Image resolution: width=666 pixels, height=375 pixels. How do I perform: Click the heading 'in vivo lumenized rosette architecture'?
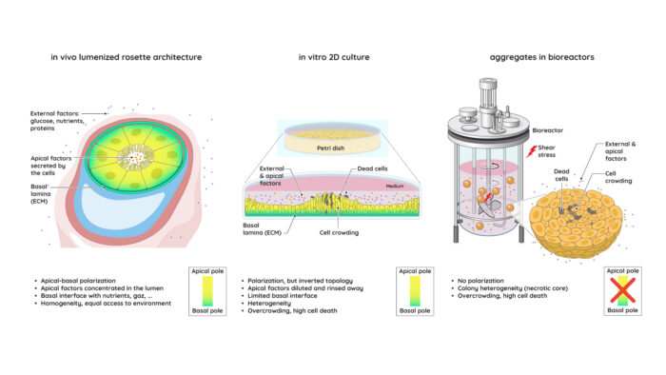coord(127,57)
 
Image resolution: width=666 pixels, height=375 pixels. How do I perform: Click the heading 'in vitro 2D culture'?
coord(334,57)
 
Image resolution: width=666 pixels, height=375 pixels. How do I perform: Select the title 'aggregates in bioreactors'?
coord(542,57)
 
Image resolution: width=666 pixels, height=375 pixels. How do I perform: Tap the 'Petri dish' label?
coord(330,148)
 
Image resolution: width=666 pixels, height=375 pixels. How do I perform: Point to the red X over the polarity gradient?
coord(622,290)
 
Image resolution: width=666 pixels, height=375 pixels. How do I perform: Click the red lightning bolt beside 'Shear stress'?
coord(531,151)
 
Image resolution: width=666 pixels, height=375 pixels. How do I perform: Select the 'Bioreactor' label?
coord(547,130)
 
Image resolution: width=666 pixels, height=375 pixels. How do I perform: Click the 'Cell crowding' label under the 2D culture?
coord(339,233)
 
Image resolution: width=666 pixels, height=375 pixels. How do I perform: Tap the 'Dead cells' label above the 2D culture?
coord(373,168)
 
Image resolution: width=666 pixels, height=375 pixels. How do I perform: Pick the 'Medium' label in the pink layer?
coord(395,186)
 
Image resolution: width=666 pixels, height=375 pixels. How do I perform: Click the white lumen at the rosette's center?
coord(136,157)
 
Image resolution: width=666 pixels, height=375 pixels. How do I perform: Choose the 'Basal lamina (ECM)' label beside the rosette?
coord(41,193)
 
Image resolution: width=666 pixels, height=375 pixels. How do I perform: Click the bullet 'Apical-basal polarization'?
coord(78,281)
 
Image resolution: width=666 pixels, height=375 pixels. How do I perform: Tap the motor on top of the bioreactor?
coord(488,98)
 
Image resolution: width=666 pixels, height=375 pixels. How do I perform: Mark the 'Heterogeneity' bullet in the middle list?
coord(269,304)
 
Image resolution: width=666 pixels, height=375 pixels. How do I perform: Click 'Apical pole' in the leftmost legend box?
coord(207,271)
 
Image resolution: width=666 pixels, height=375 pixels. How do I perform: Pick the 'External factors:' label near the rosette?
coord(55,113)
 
